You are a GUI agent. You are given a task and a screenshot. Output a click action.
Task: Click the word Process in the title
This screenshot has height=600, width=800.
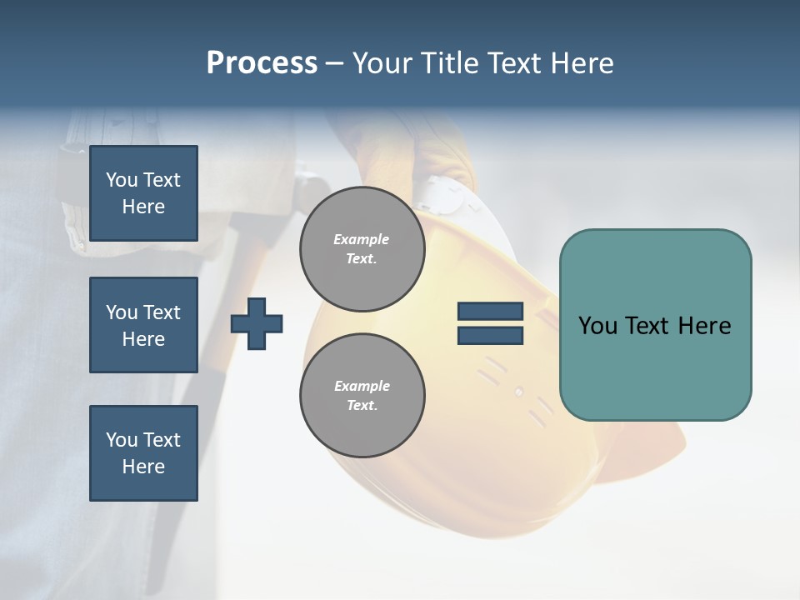tap(262, 63)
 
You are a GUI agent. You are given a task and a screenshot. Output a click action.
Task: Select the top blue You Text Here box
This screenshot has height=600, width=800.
tap(143, 193)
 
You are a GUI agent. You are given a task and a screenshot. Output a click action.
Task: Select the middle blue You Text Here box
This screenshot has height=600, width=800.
tap(143, 325)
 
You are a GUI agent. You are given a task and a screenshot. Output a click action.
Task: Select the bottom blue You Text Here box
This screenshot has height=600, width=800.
tap(143, 453)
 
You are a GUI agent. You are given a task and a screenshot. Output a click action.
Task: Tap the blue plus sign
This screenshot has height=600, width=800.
tap(257, 323)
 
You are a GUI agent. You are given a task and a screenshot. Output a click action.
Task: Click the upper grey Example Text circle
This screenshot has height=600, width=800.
tap(362, 249)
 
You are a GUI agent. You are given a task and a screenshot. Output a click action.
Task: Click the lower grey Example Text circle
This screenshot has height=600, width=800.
tap(362, 395)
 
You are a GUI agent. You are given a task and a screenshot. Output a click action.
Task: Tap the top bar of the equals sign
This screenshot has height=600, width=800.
tap(490, 312)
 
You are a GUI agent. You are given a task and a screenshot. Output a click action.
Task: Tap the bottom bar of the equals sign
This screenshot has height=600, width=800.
tap(490, 335)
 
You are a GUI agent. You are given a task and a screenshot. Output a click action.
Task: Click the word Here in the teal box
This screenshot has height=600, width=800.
tap(705, 326)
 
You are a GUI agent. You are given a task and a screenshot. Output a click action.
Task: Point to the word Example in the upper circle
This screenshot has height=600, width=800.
tap(362, 239)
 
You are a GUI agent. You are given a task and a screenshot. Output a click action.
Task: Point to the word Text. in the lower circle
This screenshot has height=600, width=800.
tap(362, 406)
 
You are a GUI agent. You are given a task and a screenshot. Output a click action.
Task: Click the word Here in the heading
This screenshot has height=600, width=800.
tap(580, 63)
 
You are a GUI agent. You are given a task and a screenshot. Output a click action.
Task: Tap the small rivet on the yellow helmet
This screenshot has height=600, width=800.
tap(518, 392)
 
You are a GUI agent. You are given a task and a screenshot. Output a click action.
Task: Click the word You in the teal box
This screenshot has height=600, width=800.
tap(597, 326)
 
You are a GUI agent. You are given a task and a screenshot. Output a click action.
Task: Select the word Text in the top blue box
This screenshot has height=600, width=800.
tap(162, 180)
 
